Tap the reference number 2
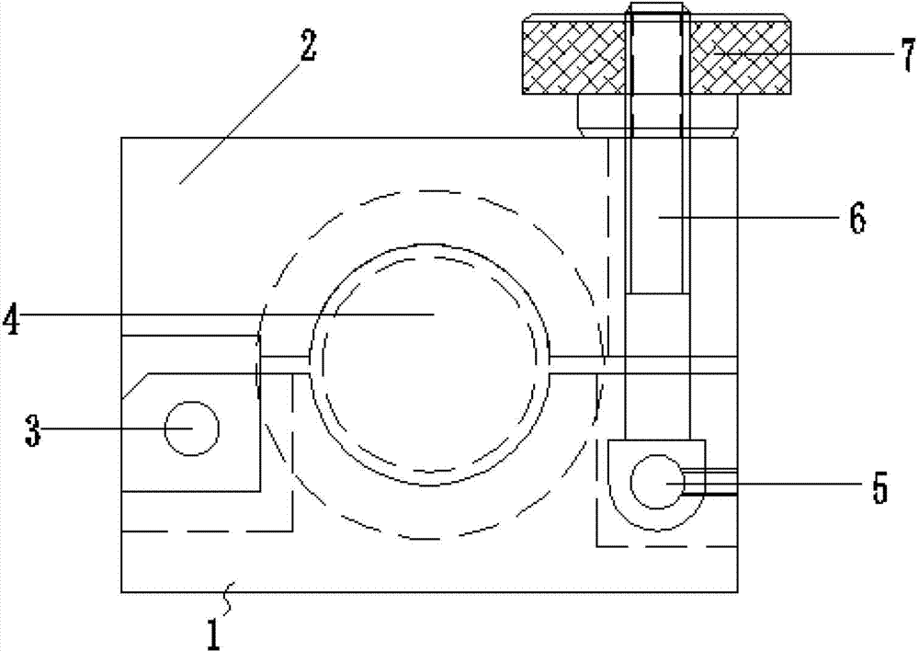[308, 46]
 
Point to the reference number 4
[12, 319]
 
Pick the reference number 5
[879, 486]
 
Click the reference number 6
[857, 218]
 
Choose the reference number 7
[907, 55]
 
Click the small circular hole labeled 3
[192, 428]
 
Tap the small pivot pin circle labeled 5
[657, 482]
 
